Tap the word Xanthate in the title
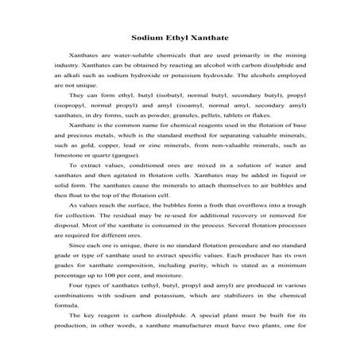211,37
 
